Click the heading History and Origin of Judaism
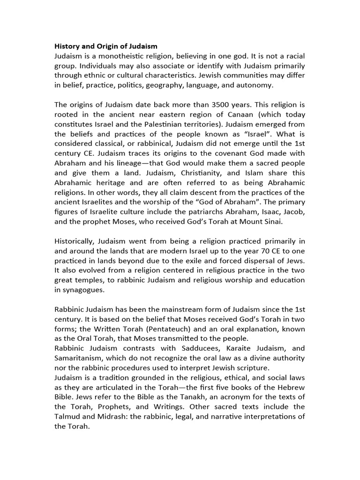pyautogui.click(x=106, y=46)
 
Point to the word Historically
pyautogui.click(x=75, y=241)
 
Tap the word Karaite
pyautogui.click(x=242, y=348)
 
